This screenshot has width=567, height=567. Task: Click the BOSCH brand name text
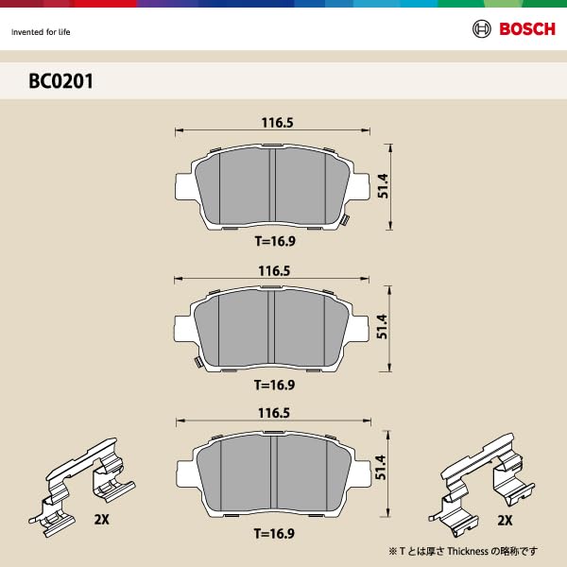[x=527, y=29]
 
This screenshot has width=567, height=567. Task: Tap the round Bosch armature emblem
[x=481, y=29]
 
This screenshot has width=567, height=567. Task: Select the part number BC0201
[x=60, y=81]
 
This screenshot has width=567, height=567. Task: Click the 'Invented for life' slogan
[x=41, y=32]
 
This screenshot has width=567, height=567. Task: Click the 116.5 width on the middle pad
[x=273, y=271]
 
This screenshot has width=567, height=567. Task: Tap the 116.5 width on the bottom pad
[x=273, y=413]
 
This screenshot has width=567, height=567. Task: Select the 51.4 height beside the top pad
[x=383, y=187]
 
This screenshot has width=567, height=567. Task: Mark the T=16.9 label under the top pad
[x=274, y=241]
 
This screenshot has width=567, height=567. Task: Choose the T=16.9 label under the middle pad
[x=274, y=385]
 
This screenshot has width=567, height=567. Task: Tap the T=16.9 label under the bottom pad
[x=274, y=534]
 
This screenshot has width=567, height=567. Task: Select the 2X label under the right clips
[x=505, y=521]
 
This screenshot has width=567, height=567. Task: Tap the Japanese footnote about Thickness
[x=463, y=551]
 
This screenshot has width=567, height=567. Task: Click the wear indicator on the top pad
[x=347, y=222]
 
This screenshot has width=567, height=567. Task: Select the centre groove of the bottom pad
[x=275, y=477]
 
